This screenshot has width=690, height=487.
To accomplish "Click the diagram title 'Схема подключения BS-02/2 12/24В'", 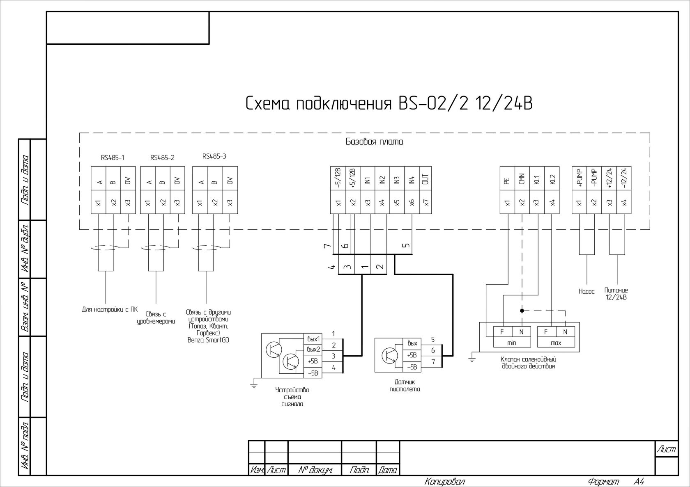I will (x=389, y=103).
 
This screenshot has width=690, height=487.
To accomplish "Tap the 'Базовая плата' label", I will (x=374, y=142).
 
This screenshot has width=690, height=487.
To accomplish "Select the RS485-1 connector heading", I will (x=113, y=157).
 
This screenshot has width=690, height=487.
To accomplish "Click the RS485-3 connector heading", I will (x=214, y=156).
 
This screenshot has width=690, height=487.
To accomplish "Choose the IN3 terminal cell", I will (x=397, y=179).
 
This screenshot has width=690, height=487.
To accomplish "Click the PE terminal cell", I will (x=507, y=179).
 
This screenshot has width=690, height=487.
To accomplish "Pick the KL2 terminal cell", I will (x=552, y=179).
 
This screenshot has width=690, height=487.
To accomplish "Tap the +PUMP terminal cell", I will (x=579, y=179).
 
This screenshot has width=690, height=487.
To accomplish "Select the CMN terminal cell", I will (x=522, y=179).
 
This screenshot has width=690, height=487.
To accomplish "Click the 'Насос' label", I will (x=586, y=291).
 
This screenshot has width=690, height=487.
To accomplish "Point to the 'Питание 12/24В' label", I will (x=616, y=293).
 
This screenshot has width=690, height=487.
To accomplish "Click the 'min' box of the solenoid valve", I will (x=512, y=343).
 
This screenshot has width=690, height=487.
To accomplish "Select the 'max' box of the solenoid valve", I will (x=556, y=343).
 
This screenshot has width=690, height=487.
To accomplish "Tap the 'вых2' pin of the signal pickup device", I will (x=313, y=350).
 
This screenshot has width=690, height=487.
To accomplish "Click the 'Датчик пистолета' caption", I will (x=405, y=385).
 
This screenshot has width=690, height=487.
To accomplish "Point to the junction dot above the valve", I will (x=522, y=311).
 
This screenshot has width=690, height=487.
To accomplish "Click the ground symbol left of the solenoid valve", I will (x=472, y=359).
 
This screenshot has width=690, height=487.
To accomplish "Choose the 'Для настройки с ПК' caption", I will (x=110, y=309).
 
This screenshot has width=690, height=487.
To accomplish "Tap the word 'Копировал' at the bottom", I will (x=445, y=481).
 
